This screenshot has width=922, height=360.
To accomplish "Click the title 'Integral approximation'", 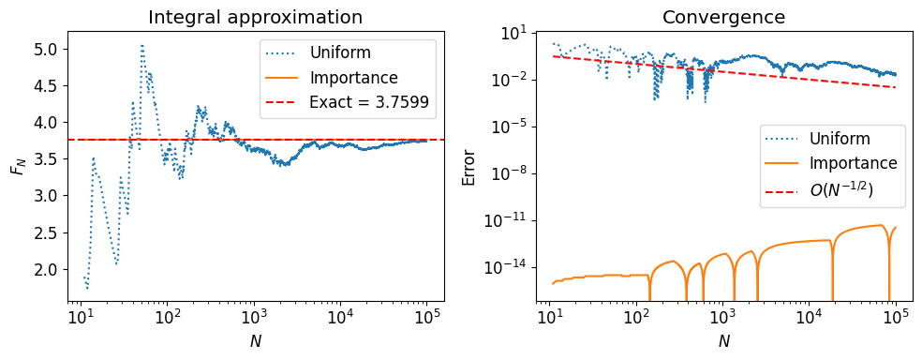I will click(x=256, y=17).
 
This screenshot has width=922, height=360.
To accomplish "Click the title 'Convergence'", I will click(x=723, y=17).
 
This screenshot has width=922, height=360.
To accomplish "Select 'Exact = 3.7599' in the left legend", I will click(x=368, y=103).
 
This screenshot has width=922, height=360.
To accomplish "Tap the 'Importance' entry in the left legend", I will click(x=353, y=78).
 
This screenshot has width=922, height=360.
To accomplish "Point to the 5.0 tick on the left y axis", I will click(x=45, y=49).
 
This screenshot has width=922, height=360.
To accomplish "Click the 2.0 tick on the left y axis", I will click(x=45, y=269).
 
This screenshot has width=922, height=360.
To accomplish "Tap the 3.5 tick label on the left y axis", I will click(x=45, y=158).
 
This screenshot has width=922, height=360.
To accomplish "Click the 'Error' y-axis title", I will click(x=470, y=166).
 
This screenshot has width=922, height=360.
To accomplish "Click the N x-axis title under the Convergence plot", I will click(x=723, y=341).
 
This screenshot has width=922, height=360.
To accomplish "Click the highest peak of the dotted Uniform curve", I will click(x=141, y=45).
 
